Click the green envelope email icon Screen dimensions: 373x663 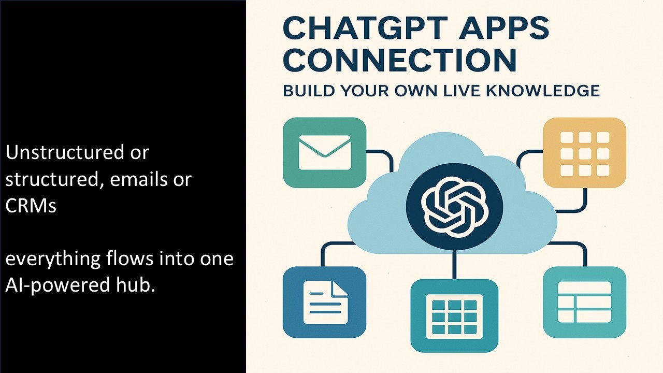[325, 152]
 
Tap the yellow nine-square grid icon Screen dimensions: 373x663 [584, 152]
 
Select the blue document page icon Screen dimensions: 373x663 [325, 302]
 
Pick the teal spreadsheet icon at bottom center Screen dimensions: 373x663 [454, 315]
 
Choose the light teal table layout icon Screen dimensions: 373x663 [584, 302]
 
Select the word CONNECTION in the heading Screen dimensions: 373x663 [400, 60]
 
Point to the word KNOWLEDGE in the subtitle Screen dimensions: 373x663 [547, 91]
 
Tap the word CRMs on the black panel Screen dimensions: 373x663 [31, 206]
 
